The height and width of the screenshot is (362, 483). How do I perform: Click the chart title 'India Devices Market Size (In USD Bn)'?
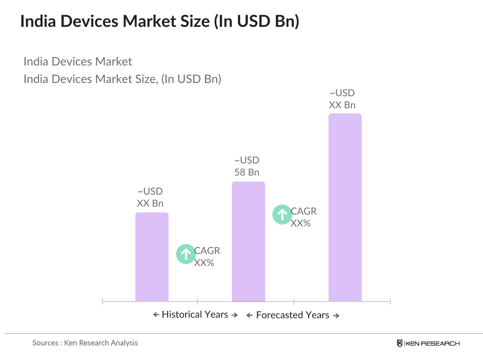160,21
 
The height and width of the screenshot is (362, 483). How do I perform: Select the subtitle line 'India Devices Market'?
78,62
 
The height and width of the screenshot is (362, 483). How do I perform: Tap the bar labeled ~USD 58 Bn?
248,241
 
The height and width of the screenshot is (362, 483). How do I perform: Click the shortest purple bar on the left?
152,257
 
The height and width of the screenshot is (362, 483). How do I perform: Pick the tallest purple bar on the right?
345,207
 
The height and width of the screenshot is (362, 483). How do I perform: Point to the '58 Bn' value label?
247,172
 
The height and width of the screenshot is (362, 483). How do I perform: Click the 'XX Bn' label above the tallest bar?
342,105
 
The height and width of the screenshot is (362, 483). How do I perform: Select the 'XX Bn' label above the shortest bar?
150,203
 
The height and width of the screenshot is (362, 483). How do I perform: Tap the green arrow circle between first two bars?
186,254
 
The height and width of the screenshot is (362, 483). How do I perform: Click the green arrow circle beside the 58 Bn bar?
282,215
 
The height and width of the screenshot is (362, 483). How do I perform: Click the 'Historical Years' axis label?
195,315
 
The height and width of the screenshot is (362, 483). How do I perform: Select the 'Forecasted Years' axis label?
292,315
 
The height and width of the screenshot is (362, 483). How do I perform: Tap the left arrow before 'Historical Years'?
156,315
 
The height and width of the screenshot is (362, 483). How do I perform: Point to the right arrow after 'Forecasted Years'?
336,316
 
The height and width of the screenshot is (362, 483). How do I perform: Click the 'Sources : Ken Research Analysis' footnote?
85,343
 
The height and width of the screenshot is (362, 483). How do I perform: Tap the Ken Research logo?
428,343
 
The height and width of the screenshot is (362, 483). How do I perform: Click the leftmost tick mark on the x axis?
103,301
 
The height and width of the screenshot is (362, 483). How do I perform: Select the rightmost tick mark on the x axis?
390,301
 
